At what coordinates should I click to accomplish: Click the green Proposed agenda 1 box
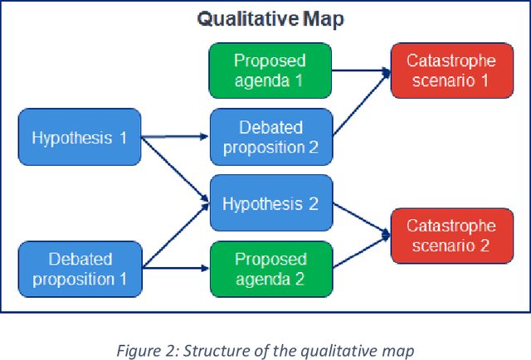pos(270,71)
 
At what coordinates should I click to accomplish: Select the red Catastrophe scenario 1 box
pos(452,71)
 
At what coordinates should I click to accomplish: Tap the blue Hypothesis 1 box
pos(79,138)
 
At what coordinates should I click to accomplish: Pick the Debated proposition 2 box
pos(270,138)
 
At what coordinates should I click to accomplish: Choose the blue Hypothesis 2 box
pos(270,204)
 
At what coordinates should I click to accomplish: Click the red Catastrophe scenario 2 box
pos(452,236)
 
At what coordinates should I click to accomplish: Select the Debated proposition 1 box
pos(79,269)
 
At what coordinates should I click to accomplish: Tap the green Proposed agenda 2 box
pos(270,269)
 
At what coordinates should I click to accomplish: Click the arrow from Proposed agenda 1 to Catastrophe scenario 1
pos(360,73)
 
